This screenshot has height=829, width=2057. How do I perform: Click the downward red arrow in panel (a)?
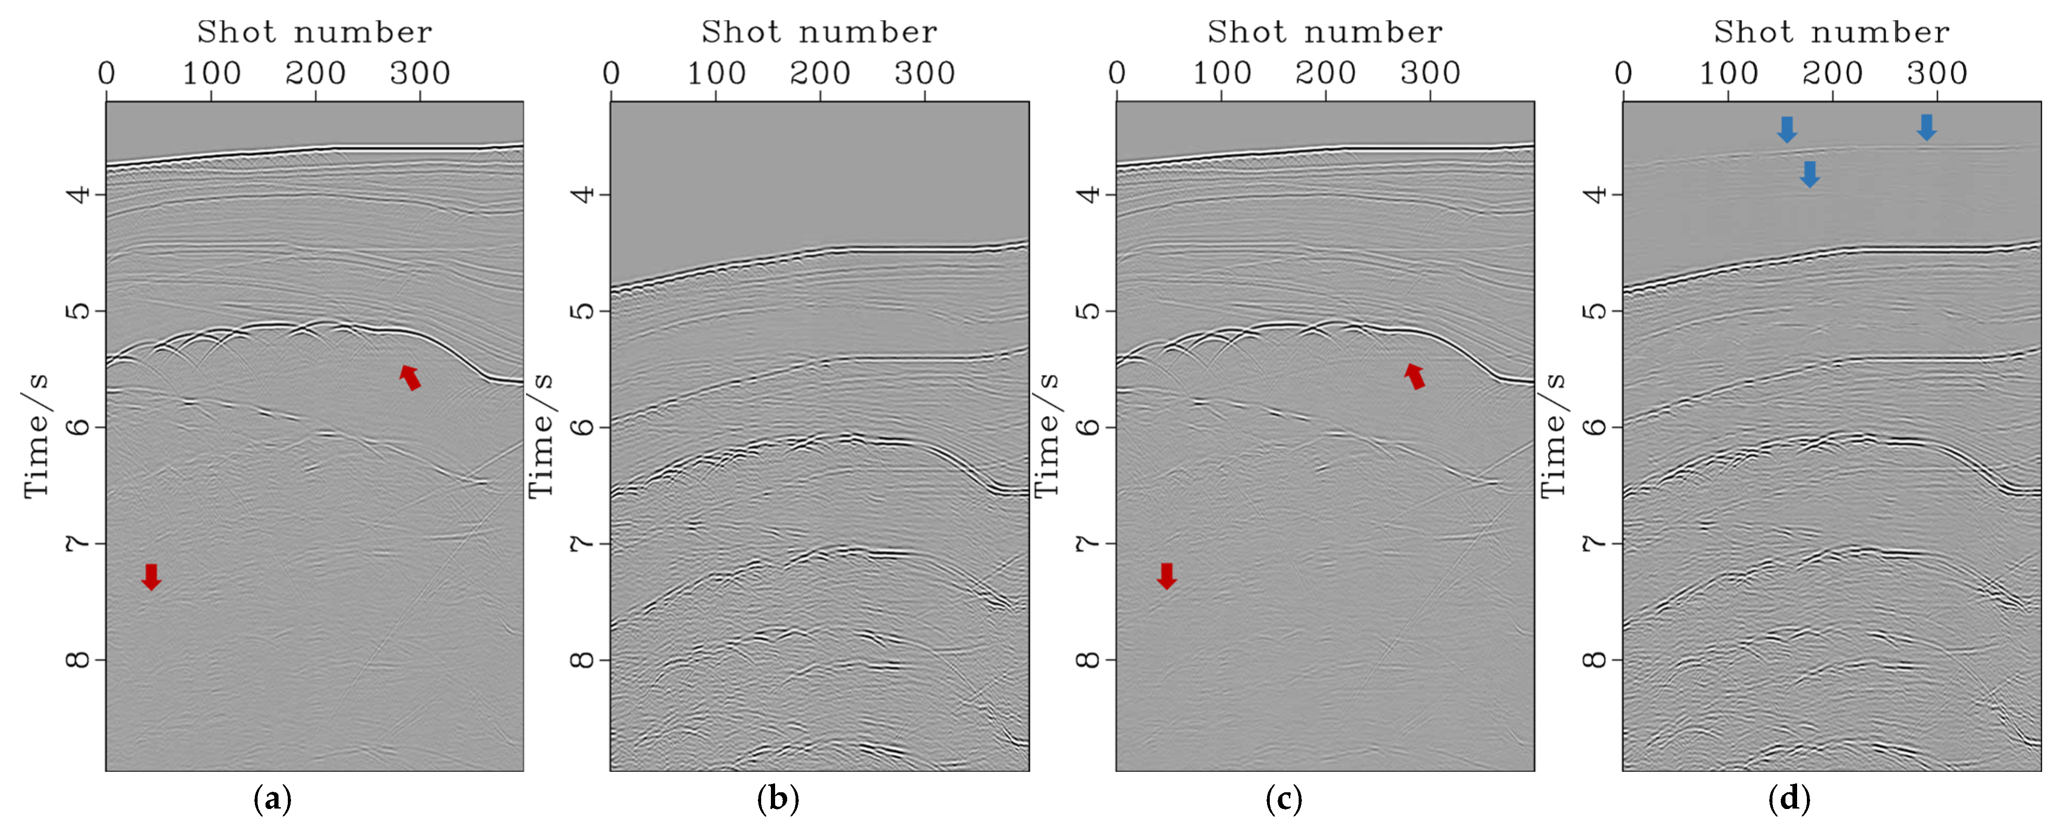151,576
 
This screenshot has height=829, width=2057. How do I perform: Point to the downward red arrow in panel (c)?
1167,575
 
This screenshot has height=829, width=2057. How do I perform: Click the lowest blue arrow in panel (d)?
1810,173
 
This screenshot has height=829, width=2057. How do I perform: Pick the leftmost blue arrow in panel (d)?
1786,129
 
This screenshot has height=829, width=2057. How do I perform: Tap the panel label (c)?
1283,799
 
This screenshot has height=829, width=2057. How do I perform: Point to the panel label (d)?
1789,799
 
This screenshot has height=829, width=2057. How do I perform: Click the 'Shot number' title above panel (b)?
819,32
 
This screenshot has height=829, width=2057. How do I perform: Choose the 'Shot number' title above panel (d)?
1831,32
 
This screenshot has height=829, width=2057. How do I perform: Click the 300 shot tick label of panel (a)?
420,73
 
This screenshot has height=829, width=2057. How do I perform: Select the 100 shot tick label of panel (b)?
716,73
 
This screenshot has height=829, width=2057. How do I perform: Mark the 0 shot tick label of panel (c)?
1116,73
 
